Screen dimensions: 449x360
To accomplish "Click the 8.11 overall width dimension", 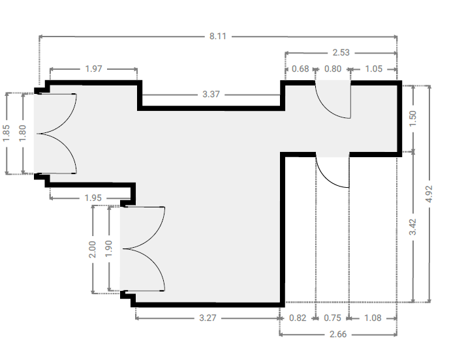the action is click(x=218, y=37).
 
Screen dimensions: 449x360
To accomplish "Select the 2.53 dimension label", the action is click(x=341, y=53).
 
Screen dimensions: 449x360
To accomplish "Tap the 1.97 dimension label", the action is click(x=93, y=69).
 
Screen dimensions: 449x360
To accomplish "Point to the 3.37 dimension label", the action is click(x=211, y=94).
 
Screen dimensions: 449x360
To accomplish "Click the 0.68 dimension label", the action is click(x=300, y=69).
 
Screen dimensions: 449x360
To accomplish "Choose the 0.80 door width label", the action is click(x=333, y=69).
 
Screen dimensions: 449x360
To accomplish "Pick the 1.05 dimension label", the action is click(x=374, y=69).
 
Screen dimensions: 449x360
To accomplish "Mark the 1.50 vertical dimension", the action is click(x=413, y=119).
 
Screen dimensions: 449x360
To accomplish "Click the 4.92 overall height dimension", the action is click(x=429, y=194).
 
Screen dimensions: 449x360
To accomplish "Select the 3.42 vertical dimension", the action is click(x=412, y=227).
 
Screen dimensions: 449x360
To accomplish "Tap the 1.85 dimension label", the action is click(x=7, y=133).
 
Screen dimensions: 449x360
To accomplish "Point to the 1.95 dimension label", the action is click(x=93, y=198).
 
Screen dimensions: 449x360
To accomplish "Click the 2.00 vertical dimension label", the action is click(x=93, y=249).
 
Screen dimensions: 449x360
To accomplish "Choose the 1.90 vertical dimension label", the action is click(x=109, y=248).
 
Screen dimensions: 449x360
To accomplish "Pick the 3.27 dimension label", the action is click(x=208, y=318).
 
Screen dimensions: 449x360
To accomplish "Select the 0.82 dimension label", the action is click(x=298, y=318).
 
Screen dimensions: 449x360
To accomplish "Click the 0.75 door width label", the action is click(x=332, y=318).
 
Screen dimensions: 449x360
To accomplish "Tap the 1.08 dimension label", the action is click(x=373, y=318).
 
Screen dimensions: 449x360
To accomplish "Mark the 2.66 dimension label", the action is click(x=338, y=335).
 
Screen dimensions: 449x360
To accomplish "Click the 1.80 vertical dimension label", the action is click(x=23, y=133).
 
